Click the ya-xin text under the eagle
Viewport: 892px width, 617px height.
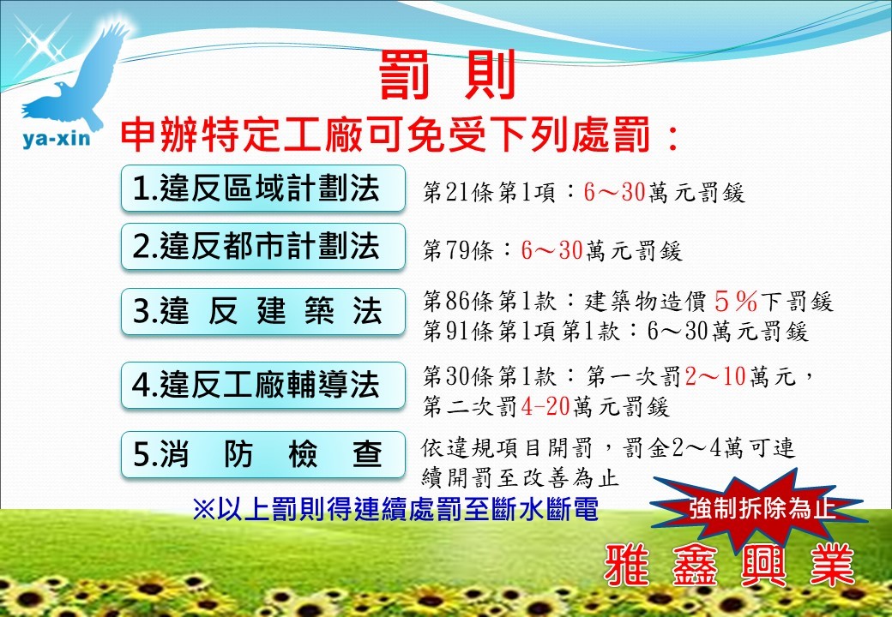[x=57, y=138]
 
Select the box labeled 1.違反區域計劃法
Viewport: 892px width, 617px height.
[x=262, y=189]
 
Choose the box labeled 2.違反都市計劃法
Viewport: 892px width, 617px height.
[x=262, y=247]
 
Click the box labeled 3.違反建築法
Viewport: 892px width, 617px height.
[x=262, y=311]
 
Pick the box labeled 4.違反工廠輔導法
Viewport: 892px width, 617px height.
[x=262, y=386]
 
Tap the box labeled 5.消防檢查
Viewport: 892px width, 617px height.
[x=262, y=454]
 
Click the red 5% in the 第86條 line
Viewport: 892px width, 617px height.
[x=736, y=301]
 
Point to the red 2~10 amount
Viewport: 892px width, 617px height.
[x=715, y=376]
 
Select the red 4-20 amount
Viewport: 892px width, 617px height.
[x=545, y=406]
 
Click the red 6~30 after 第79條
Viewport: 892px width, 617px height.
[x=551, y=250]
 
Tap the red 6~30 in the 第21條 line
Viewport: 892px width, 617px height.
[x=614, y=193]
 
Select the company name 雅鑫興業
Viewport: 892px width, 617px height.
[x=730, y=566]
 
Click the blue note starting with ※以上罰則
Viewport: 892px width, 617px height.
[x=395, y=509]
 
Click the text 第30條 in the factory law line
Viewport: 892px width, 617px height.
[x=457, y=376]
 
